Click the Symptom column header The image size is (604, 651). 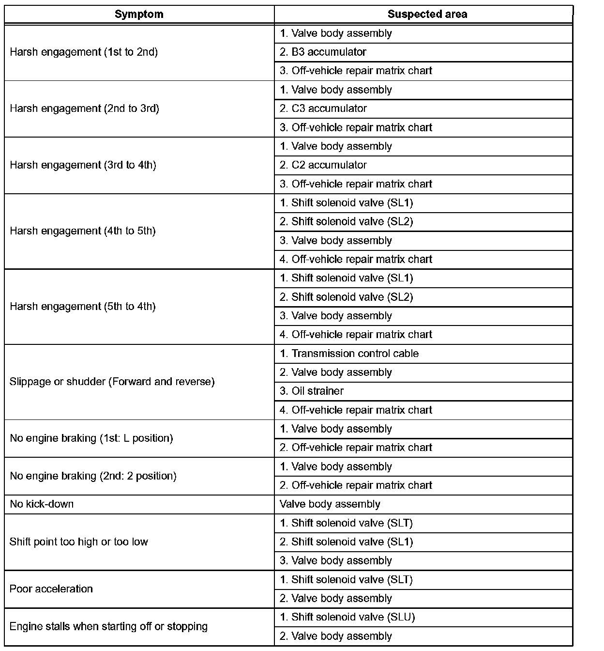coord(139,15)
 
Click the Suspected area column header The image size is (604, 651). coord(427,15)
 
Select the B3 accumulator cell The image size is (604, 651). coord(323,52)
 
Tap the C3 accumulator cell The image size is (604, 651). coord(323,108)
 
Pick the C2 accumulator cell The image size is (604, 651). coord(323,165)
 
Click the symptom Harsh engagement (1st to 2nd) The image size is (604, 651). coord(84,52)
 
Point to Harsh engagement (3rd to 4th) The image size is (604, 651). coord(83,165)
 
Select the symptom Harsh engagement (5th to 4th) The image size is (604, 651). coord(83,307)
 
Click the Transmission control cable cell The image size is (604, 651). coord(349,354)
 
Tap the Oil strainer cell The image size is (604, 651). coord(312,391)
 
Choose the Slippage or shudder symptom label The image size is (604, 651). coord(112,382)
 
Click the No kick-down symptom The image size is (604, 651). coord(42,504)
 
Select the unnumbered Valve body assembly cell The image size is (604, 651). coord(330,504)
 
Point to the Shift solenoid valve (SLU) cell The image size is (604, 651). coord(347,617)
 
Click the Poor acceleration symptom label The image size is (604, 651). coord(51,589)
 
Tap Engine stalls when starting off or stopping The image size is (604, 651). coord(108,627)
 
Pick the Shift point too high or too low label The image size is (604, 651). coord(79,542)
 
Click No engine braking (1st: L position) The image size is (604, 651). coord(91,438)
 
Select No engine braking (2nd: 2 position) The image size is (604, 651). coord(93,476)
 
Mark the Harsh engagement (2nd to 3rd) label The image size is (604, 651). coord(84,108)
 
